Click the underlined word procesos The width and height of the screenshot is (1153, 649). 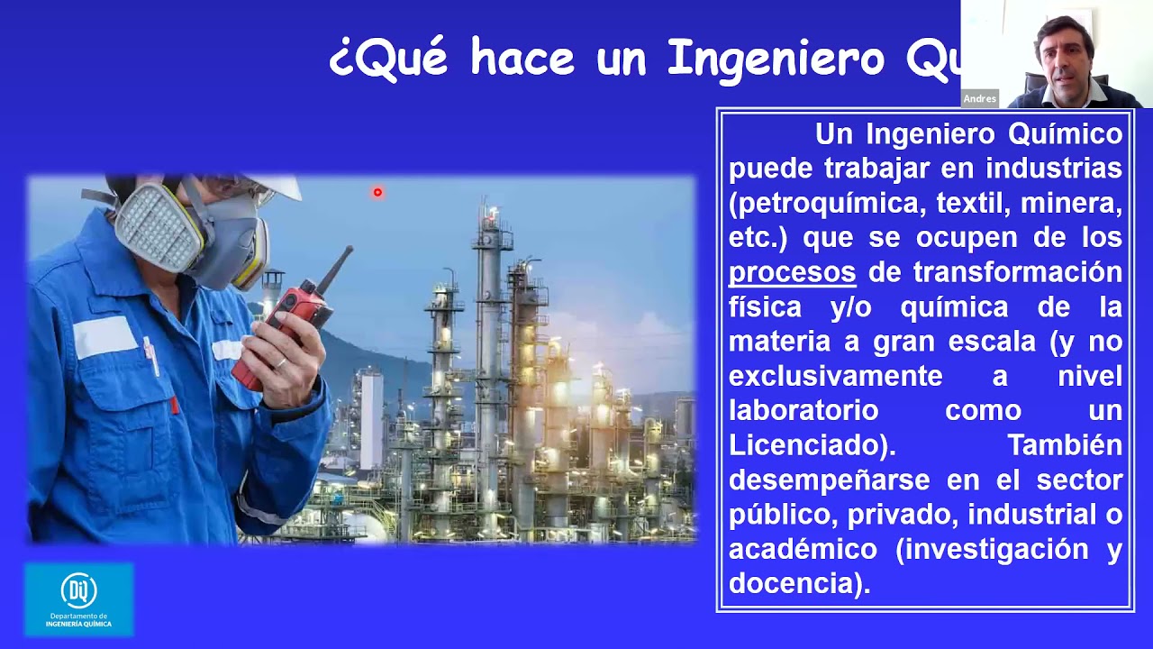coord(792,272)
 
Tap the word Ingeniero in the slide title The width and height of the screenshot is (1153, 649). coord(776,59)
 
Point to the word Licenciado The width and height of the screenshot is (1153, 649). coord(804,445)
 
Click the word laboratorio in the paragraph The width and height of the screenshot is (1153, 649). coord(803,410)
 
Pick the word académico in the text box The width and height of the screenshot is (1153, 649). coord(803,549)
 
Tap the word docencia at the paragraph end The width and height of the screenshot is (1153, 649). coord(793,583)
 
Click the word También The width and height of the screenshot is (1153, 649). coord(1065,445)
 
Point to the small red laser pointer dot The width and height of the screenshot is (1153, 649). coord(377,192)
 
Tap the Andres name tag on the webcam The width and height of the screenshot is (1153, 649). coord(980,99)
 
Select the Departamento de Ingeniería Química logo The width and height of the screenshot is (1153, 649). coord(79,599)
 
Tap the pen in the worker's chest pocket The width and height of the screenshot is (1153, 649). coord(151,355)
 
